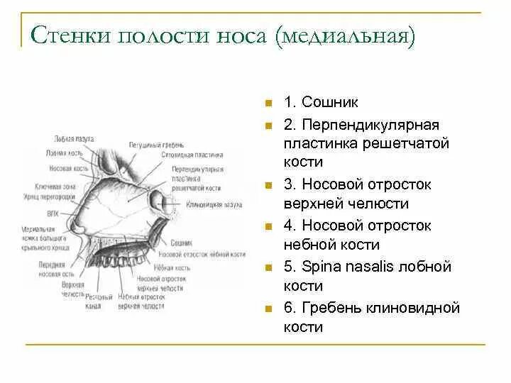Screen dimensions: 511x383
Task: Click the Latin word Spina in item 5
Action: click(322, 267)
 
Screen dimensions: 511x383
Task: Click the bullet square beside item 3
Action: click(269, 185)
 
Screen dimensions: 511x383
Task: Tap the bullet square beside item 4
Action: click(269, 226)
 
